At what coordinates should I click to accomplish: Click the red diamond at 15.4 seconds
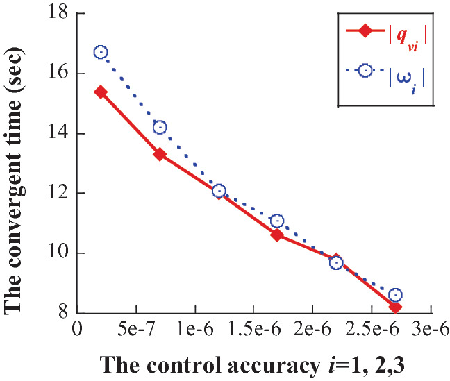pos(101,92)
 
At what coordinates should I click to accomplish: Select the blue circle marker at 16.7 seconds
pos(101,52)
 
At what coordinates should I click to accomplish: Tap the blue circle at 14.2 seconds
pos(160,127)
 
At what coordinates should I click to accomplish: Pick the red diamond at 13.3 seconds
pos(160,154)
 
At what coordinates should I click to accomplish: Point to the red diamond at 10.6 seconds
pos(277,235)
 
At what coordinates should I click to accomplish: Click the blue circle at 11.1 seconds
pos(277,221)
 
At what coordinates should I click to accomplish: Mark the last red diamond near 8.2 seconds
pos(395,307)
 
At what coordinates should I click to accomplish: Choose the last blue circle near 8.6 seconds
pos(395,295)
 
